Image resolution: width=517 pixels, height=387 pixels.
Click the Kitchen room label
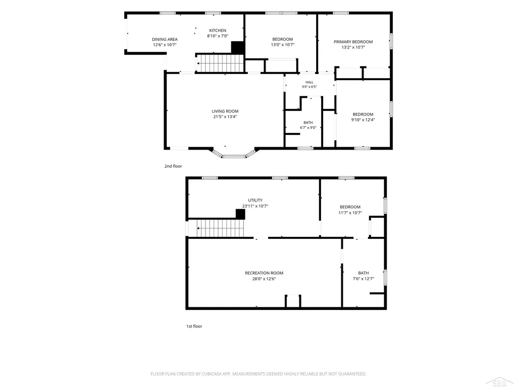pyautogui.click(x=218, y=31)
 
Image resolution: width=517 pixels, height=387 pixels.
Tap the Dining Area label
pyautogui.click(x=165, y=39)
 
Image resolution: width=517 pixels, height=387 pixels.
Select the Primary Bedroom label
pyautogui.click(x=353, y=42)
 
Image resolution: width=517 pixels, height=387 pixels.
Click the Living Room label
pyautogui.click(x=225, y=111)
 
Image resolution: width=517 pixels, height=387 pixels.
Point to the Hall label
pyautogui.click(x=309, y=82)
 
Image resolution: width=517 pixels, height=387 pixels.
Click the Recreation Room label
pyautogui.click(x=264, y=273)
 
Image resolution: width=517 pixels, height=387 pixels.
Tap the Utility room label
pyautogui.click(x=255, y=200)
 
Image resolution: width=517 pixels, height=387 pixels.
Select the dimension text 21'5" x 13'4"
pyautogui.click(x=225, y=117)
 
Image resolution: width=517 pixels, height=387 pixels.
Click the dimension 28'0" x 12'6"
pyautogui.click(x=264, y=279)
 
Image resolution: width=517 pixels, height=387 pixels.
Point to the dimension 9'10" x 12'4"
pyautogui.click(x=363, y=120)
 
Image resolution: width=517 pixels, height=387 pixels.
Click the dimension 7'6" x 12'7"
pyautogui.click(x=364, y=279)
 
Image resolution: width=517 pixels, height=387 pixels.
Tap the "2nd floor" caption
pyautogui.click(x=173, y=166)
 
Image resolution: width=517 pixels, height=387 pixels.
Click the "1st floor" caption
pyautogui.click(x=194, y=326)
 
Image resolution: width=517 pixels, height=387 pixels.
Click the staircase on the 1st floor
pyautogui.click(x=221, y=228)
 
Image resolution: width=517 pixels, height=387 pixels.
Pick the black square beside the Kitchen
pyautogui.click(x=237, y=47)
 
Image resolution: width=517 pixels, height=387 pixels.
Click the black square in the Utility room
pyautogui.click(x=240, y=214)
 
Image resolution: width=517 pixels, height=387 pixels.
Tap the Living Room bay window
pyautogui.click(x=234, y=154)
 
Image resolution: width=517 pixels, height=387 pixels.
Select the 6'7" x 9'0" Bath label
pyautogui.click(x=308, y=125)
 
